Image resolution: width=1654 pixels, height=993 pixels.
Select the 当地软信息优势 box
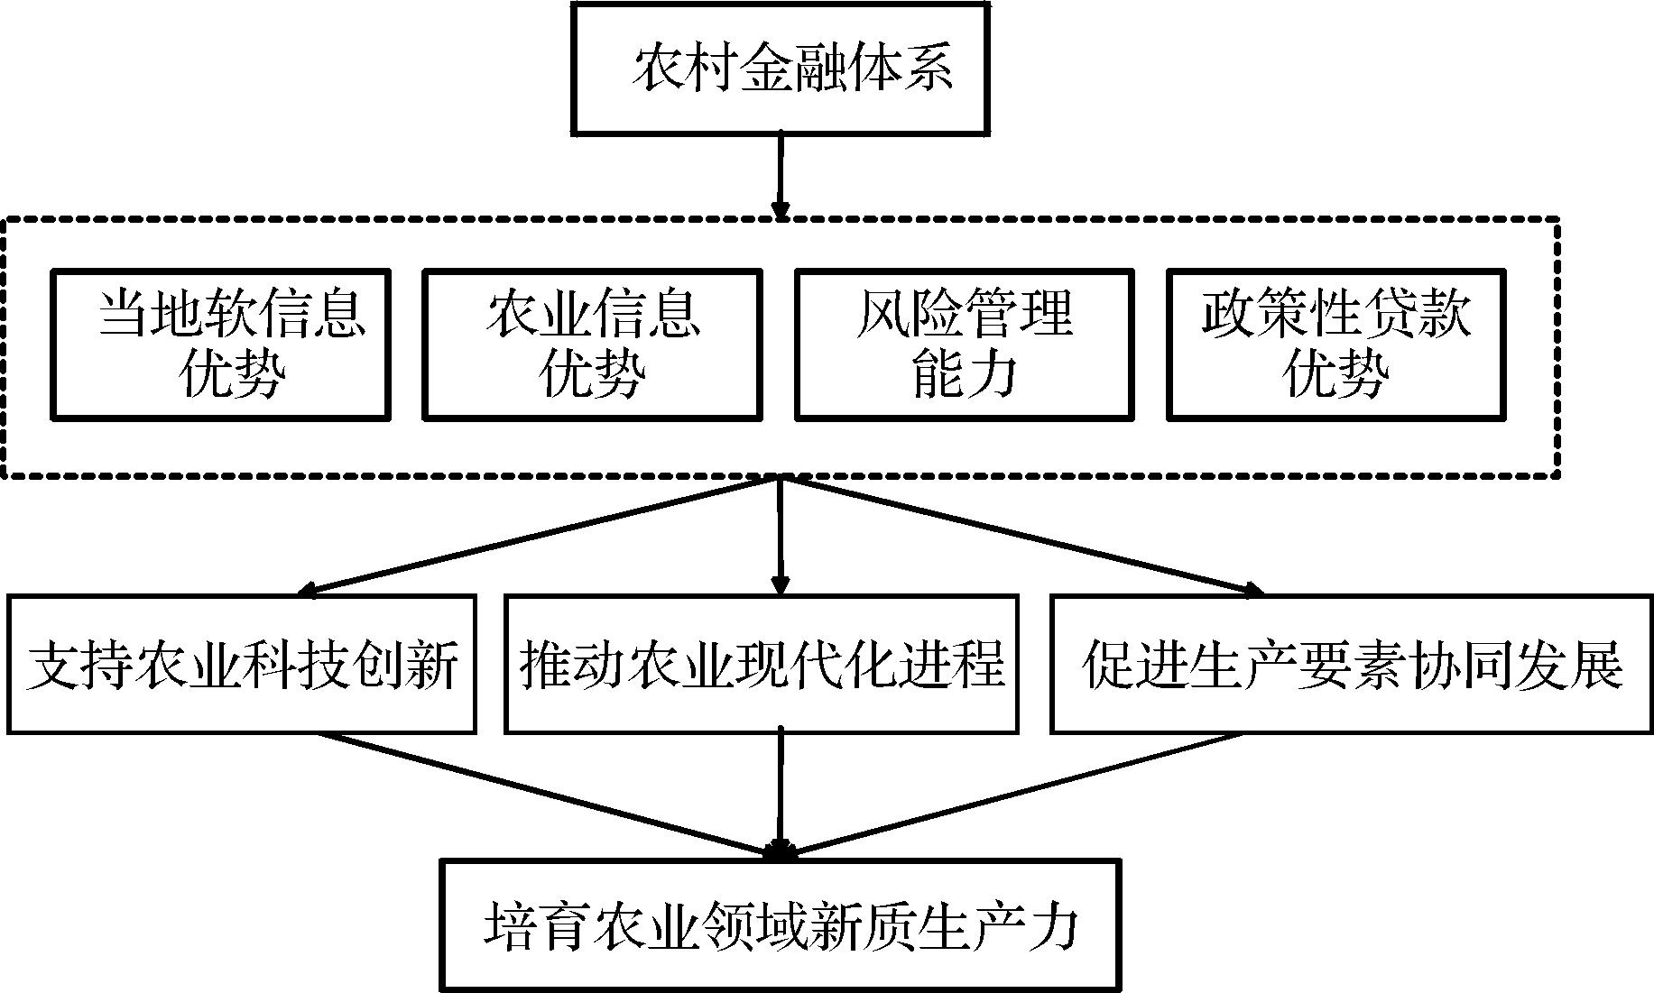point(220,344)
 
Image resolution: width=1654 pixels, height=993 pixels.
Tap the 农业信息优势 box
point(592,344)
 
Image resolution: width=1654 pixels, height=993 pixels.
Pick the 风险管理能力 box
point(964,344)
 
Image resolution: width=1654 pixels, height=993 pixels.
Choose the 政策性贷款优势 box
point(1335,344)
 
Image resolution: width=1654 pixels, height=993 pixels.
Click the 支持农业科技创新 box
point(242,664)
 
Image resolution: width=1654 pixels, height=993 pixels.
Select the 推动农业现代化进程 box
point(762,664)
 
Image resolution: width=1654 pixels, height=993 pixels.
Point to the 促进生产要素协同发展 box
point(1352,664)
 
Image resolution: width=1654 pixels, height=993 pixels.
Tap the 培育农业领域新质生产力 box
point(781,924)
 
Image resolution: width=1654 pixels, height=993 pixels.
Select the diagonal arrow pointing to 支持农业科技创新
point(541,536)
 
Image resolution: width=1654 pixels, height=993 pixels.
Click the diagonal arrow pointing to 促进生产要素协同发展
point(1020,536)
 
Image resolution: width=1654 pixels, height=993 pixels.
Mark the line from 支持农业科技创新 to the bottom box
point(550,793)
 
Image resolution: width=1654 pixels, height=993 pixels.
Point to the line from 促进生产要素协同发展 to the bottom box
point(1011,793)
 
